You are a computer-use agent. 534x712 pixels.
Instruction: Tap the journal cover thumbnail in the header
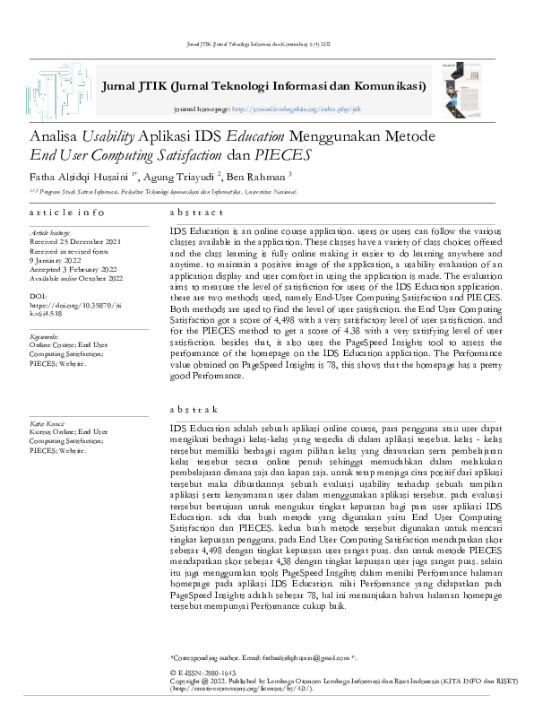(469, 86)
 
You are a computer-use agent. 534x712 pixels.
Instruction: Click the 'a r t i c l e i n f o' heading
(66, 213)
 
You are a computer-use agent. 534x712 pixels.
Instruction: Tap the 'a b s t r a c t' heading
(196, 213)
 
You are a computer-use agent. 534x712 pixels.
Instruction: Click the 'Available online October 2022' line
(75, 278)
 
